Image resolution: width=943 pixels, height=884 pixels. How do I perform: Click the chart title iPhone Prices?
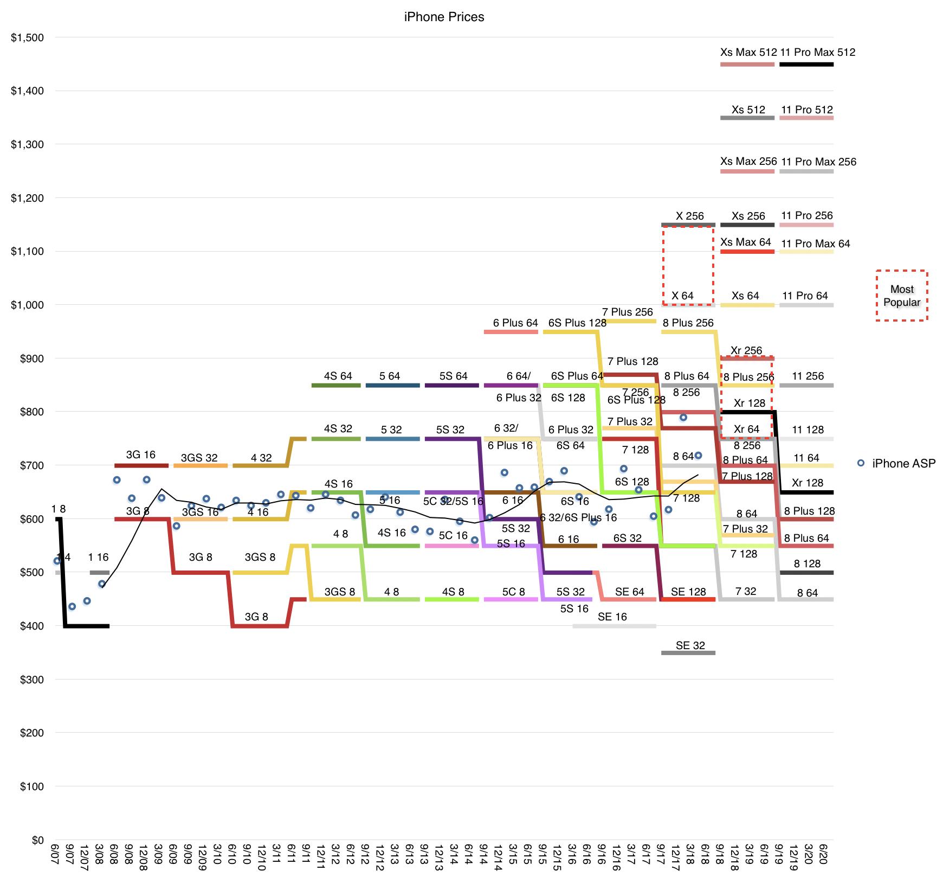[444, 17]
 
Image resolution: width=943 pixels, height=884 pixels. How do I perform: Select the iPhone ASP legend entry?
[903, 463]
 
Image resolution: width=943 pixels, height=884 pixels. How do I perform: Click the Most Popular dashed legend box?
[902, 296]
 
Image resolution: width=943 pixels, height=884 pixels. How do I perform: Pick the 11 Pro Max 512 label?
[818, 53]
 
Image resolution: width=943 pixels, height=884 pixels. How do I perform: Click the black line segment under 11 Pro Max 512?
[806, 65]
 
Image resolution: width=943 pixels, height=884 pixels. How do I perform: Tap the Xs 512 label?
[748, 110]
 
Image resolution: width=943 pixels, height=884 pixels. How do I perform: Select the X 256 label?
[689, 216]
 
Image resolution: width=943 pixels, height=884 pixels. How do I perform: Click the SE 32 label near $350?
[690, 645]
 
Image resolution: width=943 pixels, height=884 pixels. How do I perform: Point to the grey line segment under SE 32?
[688, 653]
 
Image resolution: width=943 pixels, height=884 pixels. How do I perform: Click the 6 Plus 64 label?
[515, 323]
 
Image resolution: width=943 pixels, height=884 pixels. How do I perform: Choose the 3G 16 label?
[140, 454]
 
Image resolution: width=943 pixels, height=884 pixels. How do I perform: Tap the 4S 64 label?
[338, 376]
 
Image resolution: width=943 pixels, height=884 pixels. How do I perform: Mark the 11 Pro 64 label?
[805, 296]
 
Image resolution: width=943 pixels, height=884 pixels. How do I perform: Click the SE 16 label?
[612, 617]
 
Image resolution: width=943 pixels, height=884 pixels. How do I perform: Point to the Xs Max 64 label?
[746, 242]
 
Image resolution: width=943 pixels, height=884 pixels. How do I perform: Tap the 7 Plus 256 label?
[628, 312]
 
